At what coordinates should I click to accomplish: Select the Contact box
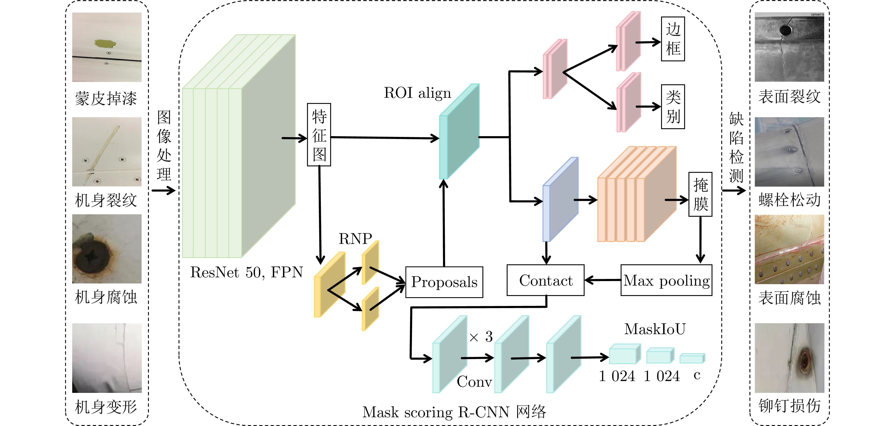[x=546, y=280]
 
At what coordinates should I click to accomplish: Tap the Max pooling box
[x=666, y=280]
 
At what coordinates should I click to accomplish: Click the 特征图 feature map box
[x=319, y=135]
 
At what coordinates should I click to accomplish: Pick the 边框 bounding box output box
[x=673, y=39]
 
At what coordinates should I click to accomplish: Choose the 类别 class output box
[x=673, y=107]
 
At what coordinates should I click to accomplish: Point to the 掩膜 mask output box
[x=700, y=194]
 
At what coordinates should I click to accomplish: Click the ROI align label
[x=417, y=93]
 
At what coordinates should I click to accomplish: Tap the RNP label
[x=355, y=238]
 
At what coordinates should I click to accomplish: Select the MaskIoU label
[x=655, y=329]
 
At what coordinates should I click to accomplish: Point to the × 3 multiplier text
[x=481, y=336]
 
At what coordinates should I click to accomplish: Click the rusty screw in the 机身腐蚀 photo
[x=92, y=256]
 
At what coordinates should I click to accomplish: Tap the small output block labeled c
[x=692, y=358]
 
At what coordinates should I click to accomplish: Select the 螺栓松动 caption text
[x=789, y=200]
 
